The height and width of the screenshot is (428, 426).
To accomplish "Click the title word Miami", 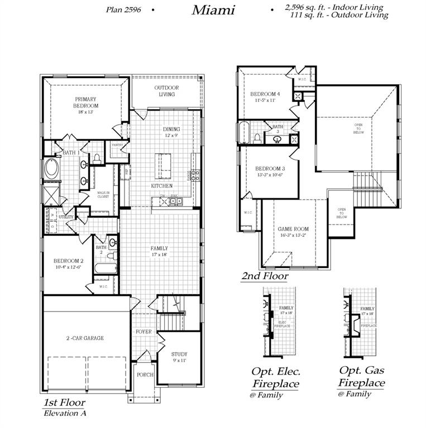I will coord(214,9).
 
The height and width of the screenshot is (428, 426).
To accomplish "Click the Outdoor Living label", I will coord(166,91).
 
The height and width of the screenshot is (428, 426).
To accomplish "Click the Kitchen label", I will coord(161,186).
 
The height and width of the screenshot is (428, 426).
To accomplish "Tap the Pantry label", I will coord(117,145).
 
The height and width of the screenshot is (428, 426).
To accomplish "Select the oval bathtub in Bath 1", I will coord(52,168).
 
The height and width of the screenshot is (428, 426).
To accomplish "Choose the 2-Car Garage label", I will coord(85,338).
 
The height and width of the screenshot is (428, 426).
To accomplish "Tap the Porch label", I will coord(145,374).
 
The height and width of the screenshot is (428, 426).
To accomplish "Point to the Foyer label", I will coord(143,332).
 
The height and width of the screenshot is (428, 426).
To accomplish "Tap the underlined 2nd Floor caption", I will coord(265,276).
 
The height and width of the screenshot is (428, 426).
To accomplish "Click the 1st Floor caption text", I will coord(64,402).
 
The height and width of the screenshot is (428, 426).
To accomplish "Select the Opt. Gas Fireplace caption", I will coord(361,377).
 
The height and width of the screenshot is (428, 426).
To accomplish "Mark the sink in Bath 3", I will coord(276,139).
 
